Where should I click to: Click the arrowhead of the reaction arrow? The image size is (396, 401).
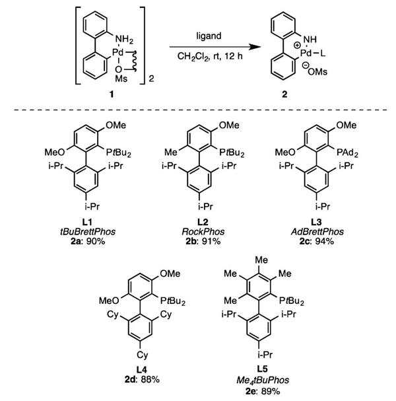251,46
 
